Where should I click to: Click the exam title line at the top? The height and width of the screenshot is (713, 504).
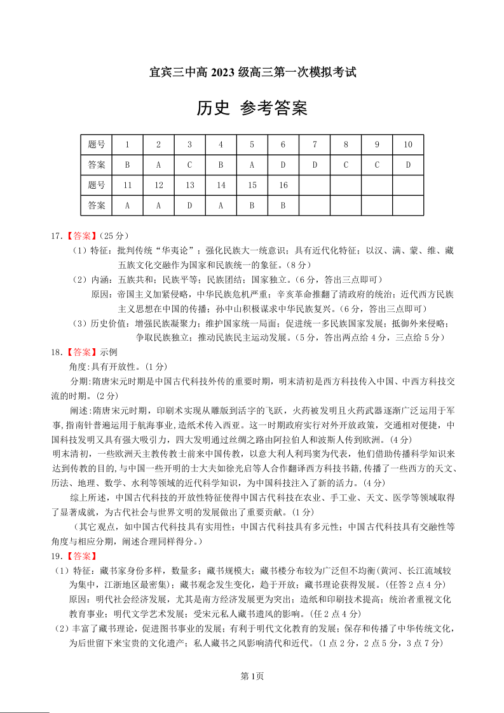click(252, 72)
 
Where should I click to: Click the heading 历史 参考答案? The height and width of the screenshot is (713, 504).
click(252, 109)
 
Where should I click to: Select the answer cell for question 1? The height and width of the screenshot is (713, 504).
click(127, 165)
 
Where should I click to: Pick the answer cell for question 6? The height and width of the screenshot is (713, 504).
click(283, 165)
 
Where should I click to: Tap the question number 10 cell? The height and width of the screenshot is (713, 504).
click(408, 145)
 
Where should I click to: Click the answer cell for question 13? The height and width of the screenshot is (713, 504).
click(189, 206)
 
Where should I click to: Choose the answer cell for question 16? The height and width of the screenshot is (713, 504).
click(283, 206)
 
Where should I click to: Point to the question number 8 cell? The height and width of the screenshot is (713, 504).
click(346, 145)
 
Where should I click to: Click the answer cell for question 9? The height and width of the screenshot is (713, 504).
click(377, 165)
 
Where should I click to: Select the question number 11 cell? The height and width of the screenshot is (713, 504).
click(127, 186)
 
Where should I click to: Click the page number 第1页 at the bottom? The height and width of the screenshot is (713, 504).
click(252, 676)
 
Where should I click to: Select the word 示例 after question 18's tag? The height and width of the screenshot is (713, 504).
click(109, 352)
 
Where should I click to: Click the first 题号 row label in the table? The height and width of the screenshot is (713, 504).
click(96, 145)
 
